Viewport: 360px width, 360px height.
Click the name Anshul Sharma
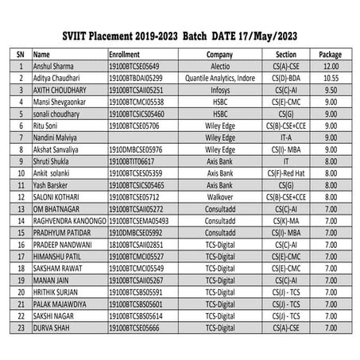(54, 67)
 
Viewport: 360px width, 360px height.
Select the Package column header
(329, 54)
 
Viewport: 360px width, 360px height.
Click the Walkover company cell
(219, 197)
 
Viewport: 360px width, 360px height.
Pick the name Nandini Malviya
(59, 137)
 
